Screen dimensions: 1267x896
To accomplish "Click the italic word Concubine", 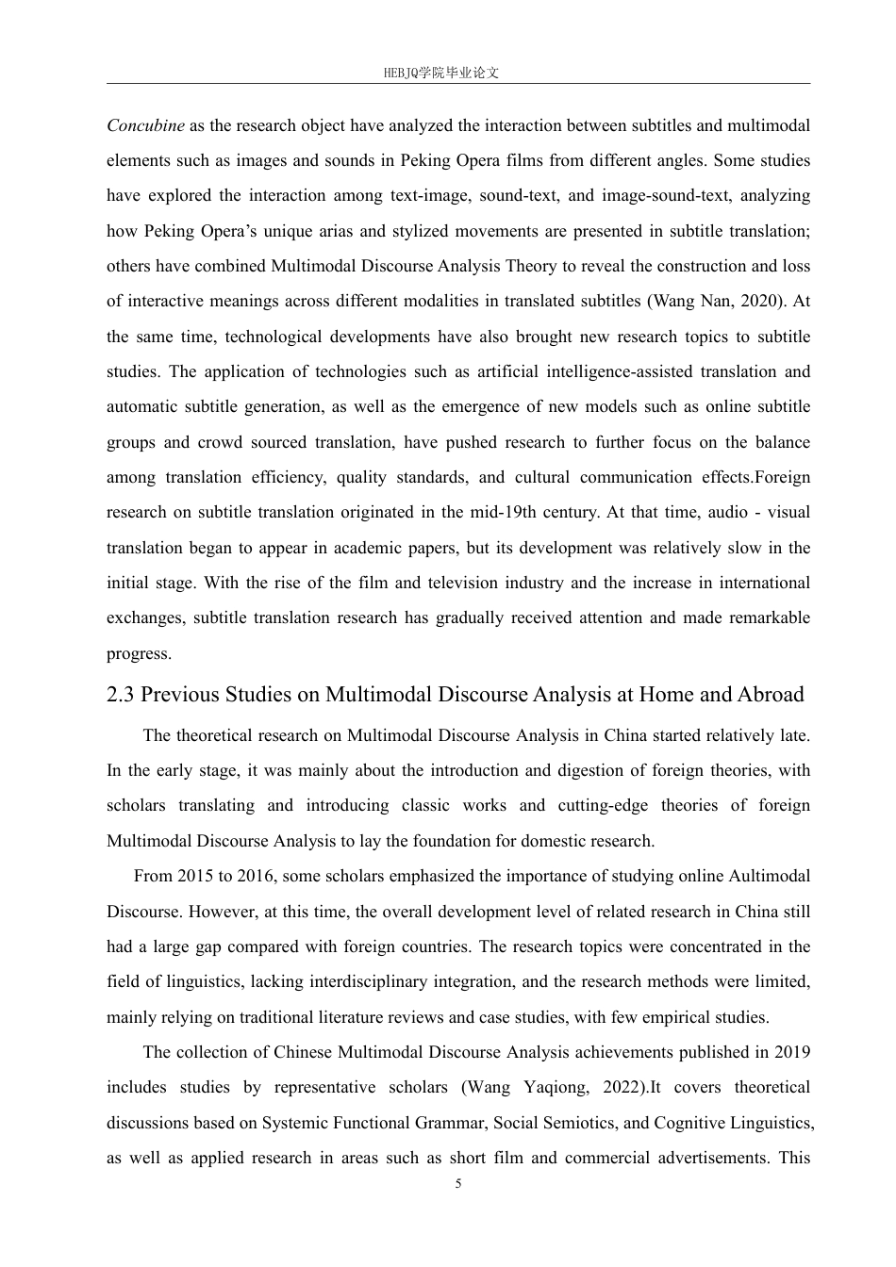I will pos(145,125).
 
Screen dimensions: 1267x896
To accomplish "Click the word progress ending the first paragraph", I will pos(138,653).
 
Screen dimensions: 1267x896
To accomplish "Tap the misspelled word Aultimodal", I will pos(769,877).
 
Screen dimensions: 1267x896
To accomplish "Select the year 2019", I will pos(791,1052).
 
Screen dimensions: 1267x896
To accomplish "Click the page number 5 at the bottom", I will pos(458,1184).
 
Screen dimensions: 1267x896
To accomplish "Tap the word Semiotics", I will pos(575,1123).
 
